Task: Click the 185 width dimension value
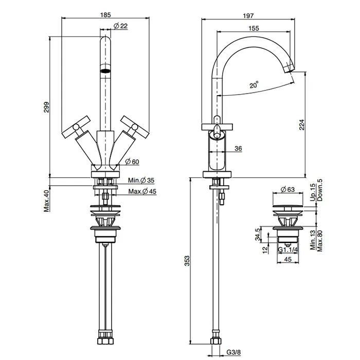(x=105, y=15)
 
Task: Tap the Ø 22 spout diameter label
(x=120, y=26)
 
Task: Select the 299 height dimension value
(x=46, y=107)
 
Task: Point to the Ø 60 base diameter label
(x=132, y=161)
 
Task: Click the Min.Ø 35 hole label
(x=141, y=180)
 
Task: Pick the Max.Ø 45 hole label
(x=142, y=191)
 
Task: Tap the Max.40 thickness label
(x=47, y=201)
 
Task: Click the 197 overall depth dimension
(x=248, y=15)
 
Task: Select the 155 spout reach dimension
(x=254, y=28)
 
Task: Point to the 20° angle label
(x=254, y=84)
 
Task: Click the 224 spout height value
(x=301, y=124)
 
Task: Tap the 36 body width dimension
(x=238, y=149)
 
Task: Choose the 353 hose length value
(x=187, y=261)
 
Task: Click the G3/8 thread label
(x=233, y=352)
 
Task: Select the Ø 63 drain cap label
(x=287, y=189)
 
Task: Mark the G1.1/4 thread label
(x=288, y=249)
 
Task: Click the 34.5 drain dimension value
(x=258, y=234)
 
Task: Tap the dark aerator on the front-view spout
(x=105, y=71)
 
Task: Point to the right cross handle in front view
(x=134, y=127)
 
